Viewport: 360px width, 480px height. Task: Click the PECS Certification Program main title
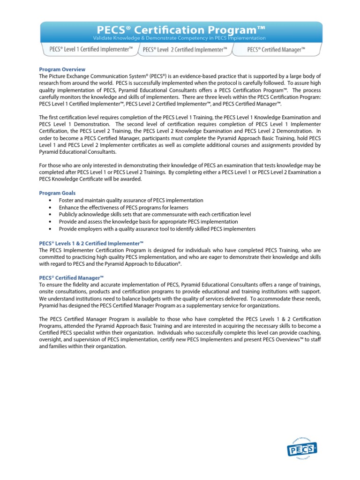tap(180, 30)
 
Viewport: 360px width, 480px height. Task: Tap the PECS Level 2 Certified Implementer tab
tap(185, 49)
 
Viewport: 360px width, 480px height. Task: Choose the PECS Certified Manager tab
tap(276, 49)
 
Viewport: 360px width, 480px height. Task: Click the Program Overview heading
tap(62, 69)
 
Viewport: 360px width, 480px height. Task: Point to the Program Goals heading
tap(57, 193)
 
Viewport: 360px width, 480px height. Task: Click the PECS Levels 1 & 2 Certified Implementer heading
tap(90, 243)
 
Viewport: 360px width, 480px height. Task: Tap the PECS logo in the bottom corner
tap(301, 450)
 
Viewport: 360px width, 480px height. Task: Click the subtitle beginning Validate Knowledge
tap(180, 38)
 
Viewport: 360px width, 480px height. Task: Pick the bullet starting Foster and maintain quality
tap(131, 200)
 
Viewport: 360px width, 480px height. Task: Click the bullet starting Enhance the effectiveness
tap(123, 207)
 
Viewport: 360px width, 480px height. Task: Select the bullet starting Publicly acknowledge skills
tap(155, 214)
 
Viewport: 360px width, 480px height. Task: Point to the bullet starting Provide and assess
tap(148, 221)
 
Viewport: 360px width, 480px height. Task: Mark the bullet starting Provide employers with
tap(157, 229)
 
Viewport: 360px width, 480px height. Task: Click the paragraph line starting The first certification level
tap(180, 117)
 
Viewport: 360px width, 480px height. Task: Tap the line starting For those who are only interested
tap(180, 165)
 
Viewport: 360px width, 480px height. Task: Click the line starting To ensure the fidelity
tap(180, 285)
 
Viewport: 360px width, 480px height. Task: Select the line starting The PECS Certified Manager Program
tap(180, 319)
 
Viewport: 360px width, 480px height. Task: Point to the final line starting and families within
tap(82, 346)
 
